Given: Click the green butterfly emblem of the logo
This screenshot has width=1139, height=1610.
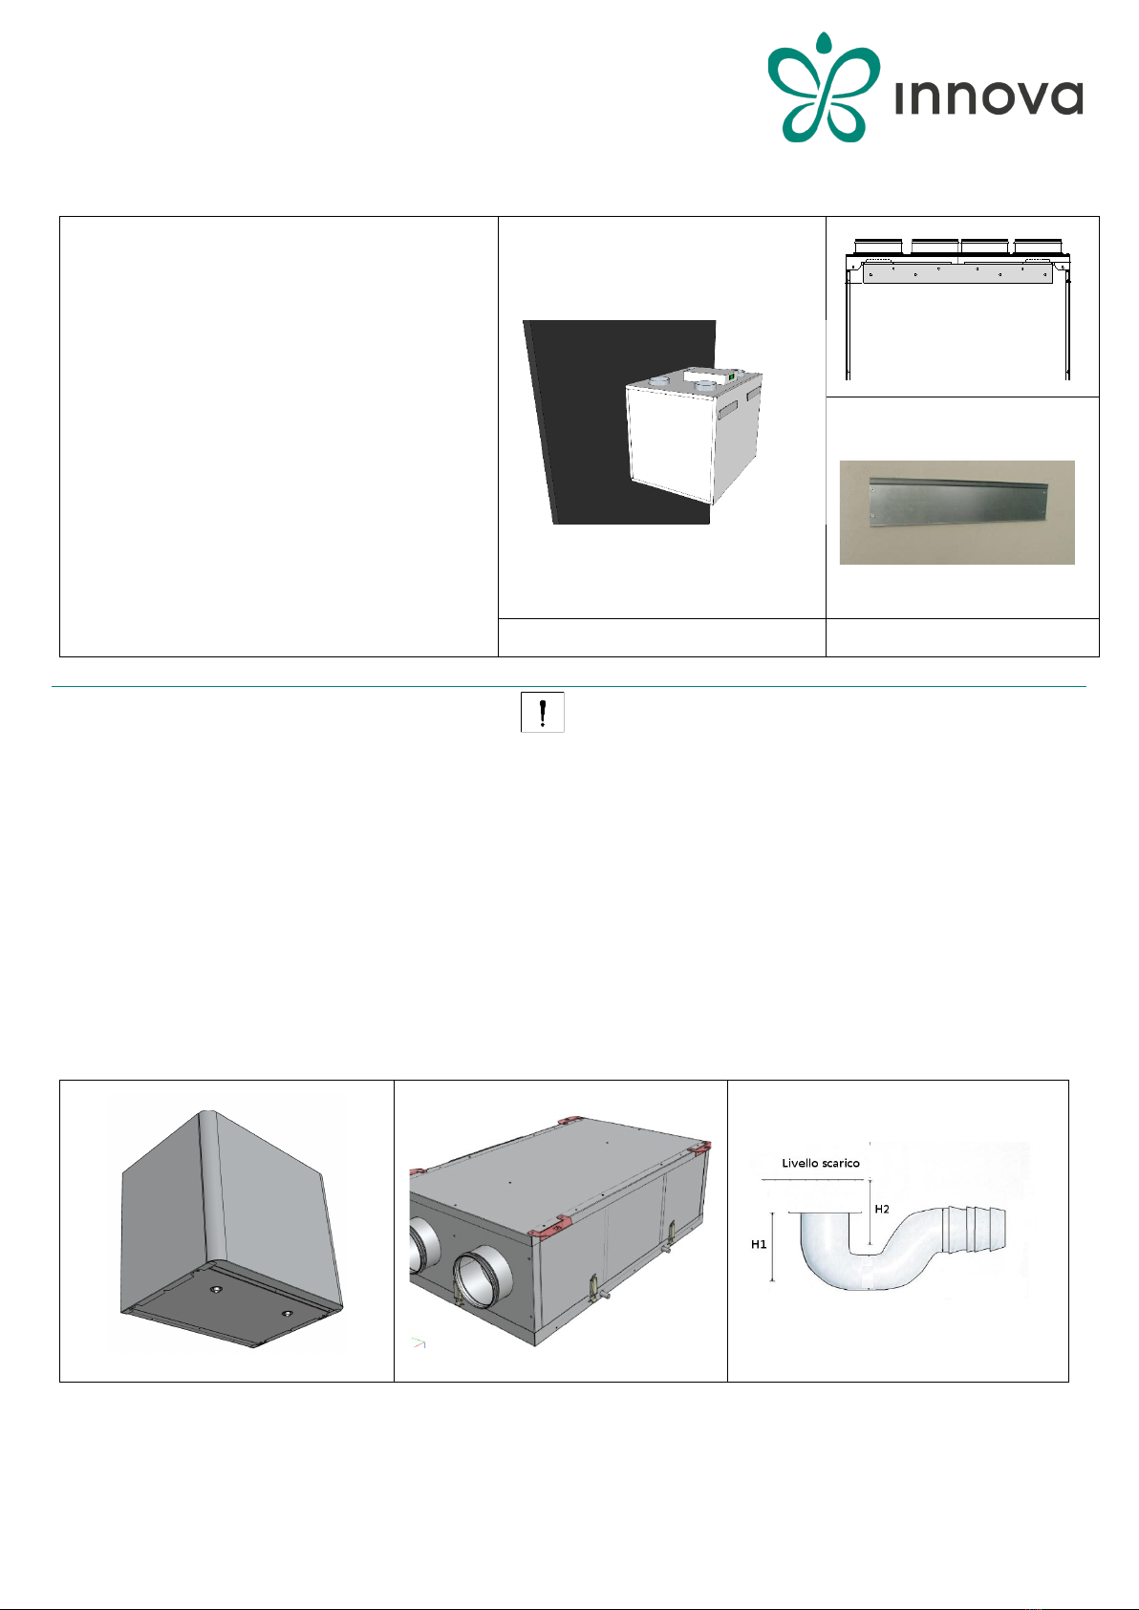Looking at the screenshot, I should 824,87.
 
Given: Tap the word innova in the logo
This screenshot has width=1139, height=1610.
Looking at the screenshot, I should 989,98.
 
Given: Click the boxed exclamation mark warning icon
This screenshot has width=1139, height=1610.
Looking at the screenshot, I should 542,712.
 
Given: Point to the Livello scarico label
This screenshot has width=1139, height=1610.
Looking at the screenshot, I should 820,1163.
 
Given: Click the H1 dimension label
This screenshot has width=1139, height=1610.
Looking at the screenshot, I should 759,1244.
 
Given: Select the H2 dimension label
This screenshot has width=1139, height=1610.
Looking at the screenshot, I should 882,1209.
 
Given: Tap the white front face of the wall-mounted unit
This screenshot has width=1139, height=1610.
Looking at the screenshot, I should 669,444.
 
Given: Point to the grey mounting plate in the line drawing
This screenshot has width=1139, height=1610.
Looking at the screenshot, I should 956,274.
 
